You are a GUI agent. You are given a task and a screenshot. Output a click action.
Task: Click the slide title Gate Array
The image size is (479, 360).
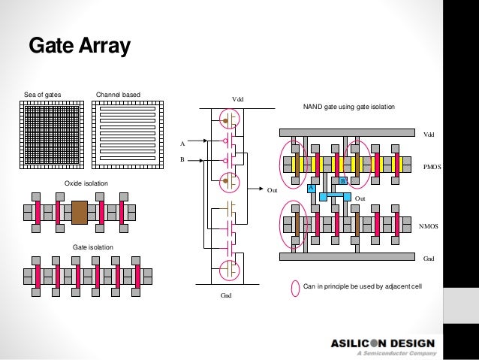(80, 47)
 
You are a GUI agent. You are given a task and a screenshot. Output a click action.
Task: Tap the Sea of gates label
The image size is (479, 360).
(42, 95)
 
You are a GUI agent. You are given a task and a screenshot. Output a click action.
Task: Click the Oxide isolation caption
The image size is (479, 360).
(86, 183)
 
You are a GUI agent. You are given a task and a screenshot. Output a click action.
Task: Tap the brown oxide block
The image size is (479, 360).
(80, 212)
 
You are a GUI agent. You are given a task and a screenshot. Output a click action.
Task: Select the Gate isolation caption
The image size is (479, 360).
(92, 247)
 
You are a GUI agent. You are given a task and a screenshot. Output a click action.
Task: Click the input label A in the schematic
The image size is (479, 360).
(181, 143)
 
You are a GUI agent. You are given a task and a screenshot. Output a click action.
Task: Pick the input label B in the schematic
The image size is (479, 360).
(181, 159)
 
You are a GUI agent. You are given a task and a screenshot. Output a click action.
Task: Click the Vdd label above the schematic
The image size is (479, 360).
(238, 98)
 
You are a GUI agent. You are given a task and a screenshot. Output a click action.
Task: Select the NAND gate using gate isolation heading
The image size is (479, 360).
(348, 107)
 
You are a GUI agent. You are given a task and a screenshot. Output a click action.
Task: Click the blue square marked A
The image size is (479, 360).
(309, 189)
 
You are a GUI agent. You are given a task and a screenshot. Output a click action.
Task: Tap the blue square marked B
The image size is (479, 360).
(342, 181)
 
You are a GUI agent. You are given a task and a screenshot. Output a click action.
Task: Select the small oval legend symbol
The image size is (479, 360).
(294, 286)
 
